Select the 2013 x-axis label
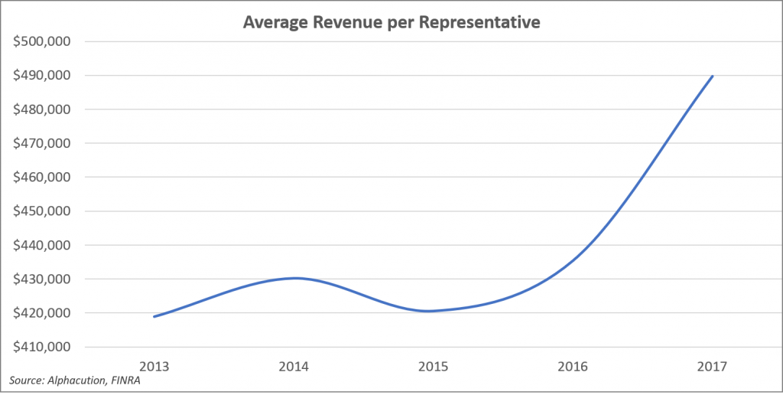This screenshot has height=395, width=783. click(154, 366)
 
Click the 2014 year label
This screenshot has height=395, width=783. click(294, 366)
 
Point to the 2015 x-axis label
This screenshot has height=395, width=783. click(433, 366)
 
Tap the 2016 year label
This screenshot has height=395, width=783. click(573, 366)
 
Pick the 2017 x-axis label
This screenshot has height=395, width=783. click(712, 366)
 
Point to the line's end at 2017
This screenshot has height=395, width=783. click(713, 76)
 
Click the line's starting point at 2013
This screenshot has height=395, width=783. click(154, 316)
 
